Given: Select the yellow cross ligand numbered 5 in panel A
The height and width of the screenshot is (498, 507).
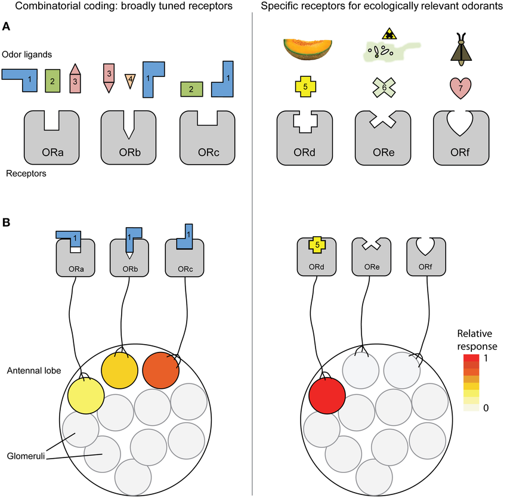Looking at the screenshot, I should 305,86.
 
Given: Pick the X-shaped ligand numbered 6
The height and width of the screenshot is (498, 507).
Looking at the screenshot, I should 384,87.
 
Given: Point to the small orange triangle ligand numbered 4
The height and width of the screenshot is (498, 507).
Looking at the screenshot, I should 131,81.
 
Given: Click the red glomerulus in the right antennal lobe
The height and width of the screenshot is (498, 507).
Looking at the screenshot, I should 327,394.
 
